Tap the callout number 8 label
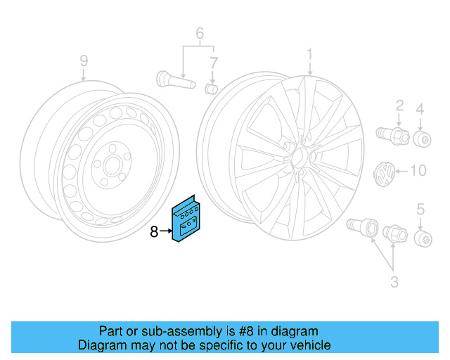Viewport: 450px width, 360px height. click(x=154, y=231)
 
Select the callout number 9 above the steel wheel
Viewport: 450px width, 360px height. click(x=84, y=61)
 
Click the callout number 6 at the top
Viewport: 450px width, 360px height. click(x=200, y=33)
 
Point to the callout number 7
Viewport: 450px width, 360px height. click(x=214, y=63)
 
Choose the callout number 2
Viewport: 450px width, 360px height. click(x=399, y=105)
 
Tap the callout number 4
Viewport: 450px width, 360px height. click(x=420, y=110)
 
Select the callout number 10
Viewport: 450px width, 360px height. click(x=419, y=171)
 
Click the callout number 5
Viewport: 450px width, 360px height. click(x=420, y=210)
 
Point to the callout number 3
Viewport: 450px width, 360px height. click(x=394, y=282)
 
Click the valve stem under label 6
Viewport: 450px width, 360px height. click(x=176, y=79)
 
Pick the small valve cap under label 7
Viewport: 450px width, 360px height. click(x=211, y=89)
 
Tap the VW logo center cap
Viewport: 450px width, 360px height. click(x=385, y=174)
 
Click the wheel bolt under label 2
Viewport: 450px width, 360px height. click(x=392, y=136)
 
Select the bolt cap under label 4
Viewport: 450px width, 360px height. click(x=422, y=139)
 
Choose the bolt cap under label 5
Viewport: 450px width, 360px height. click(x=423, y=238)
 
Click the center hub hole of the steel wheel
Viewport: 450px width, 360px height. click(x=112, y=166)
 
